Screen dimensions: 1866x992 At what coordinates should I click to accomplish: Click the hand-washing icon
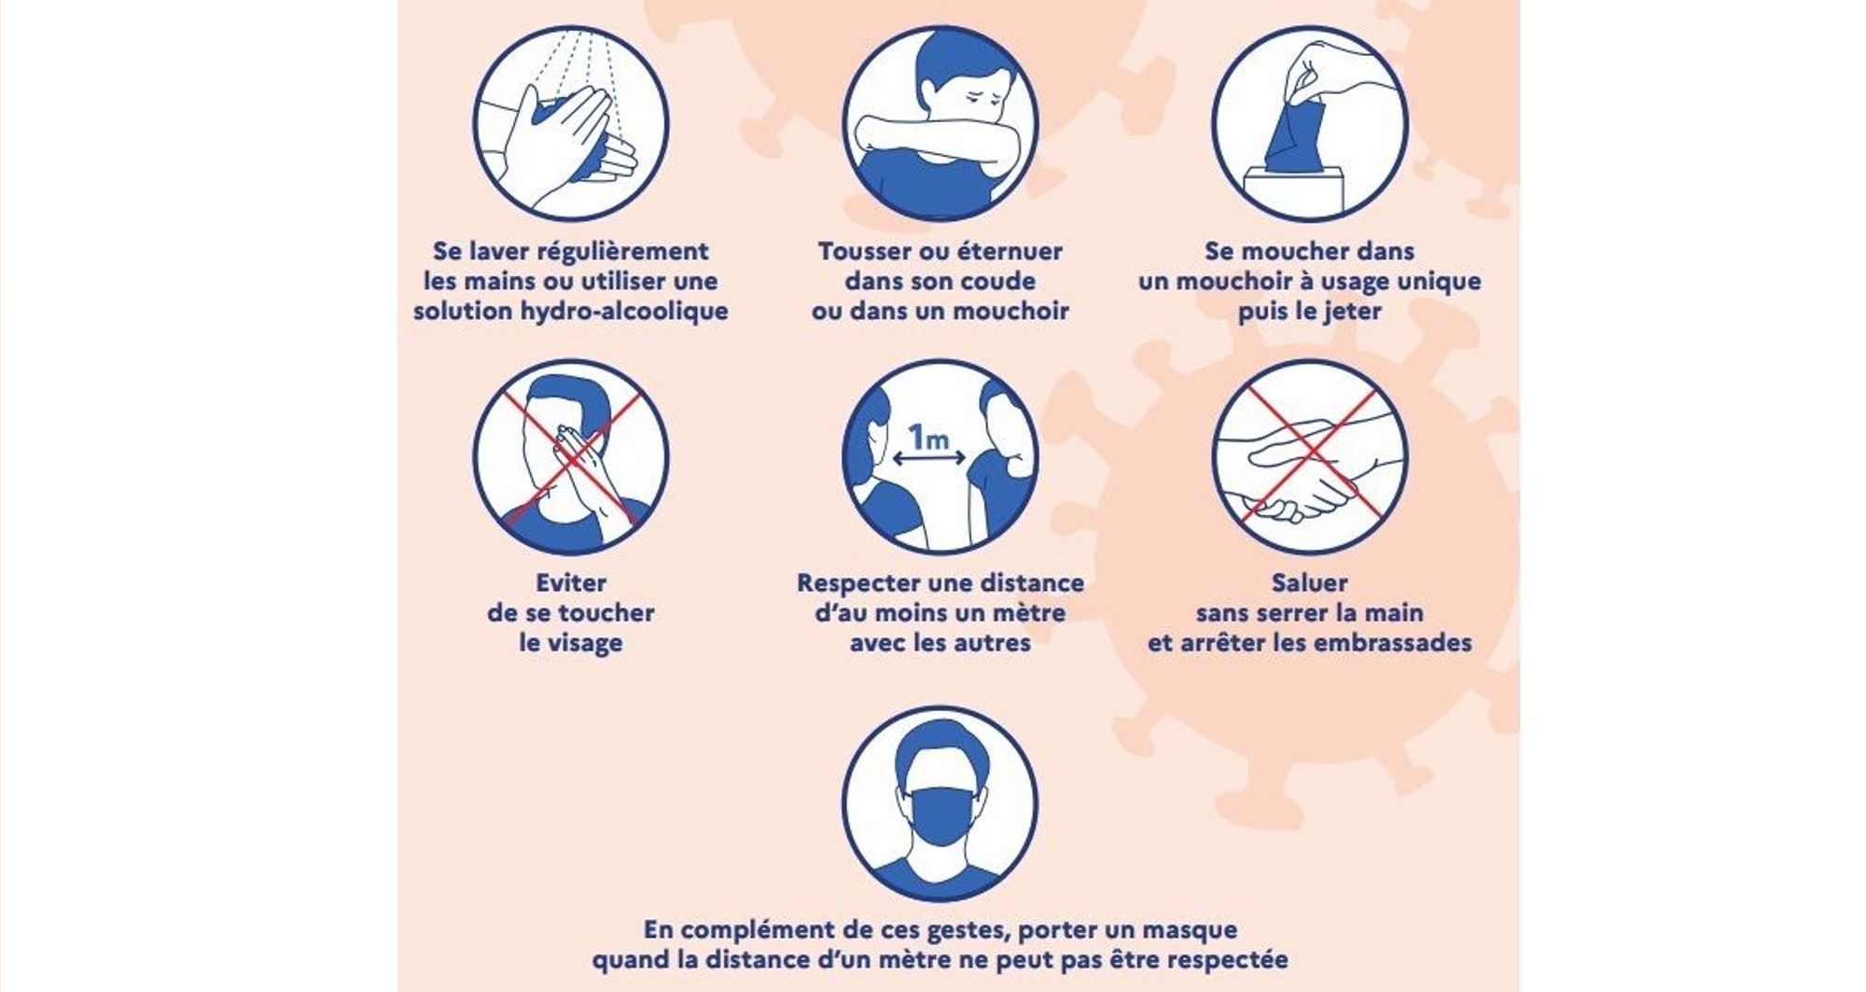tap(571, 123)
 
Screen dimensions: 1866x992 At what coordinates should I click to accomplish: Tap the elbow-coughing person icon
tap(940, 123)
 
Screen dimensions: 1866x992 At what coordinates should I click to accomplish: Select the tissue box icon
tap(1310, 123)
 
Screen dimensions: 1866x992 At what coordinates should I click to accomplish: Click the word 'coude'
tap(1001, 281)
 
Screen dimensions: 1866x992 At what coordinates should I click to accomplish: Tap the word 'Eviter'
tap(571, 583)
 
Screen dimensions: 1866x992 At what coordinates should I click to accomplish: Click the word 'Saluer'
tap(1310, 583)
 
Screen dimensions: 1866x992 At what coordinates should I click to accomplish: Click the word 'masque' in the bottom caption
tap(1190, 930)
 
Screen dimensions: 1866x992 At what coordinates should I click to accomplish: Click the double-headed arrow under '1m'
tap(929, 458)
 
